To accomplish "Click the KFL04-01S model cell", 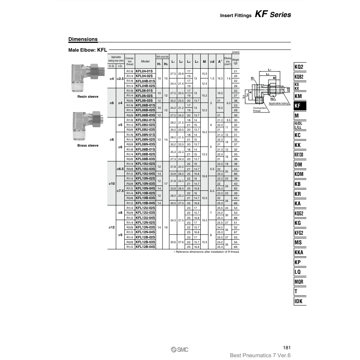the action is (x=145, y=71).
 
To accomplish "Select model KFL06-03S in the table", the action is (x=145, y=101).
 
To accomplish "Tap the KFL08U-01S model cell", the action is (x=145, y=120).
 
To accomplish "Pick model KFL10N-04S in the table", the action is (x=145, y=188).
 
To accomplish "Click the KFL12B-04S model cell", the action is (x=145, y=247).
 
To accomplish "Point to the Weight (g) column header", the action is (x=236, y=62).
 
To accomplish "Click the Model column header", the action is (x=145, y=62).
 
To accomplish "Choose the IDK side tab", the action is (x=299, y=301).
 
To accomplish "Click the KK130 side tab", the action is (x=299, y=155).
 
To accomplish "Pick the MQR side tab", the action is (x=299, y=282).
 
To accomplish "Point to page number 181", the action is (x=287, y=348).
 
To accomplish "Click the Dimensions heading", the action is (x=83, y=39).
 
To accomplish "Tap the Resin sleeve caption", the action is (x=87, y=97).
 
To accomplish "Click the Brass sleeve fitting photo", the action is (x=87, y=126).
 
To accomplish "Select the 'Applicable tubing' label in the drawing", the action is (x=279, y=103).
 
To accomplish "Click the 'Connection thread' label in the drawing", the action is (x=260, y=109).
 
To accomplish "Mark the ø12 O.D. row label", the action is (x=112, y=227).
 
